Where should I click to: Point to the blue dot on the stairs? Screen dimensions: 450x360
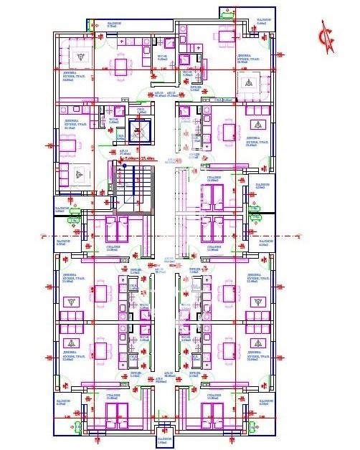click(123, 166)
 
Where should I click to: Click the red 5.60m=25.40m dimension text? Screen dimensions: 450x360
click(141, 158)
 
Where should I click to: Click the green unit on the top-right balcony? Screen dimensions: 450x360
click(227, 13)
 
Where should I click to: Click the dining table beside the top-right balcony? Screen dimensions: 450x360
click(227, 37)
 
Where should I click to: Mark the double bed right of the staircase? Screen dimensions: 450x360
click(213, 193)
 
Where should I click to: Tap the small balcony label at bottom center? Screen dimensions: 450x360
click(164, 440)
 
